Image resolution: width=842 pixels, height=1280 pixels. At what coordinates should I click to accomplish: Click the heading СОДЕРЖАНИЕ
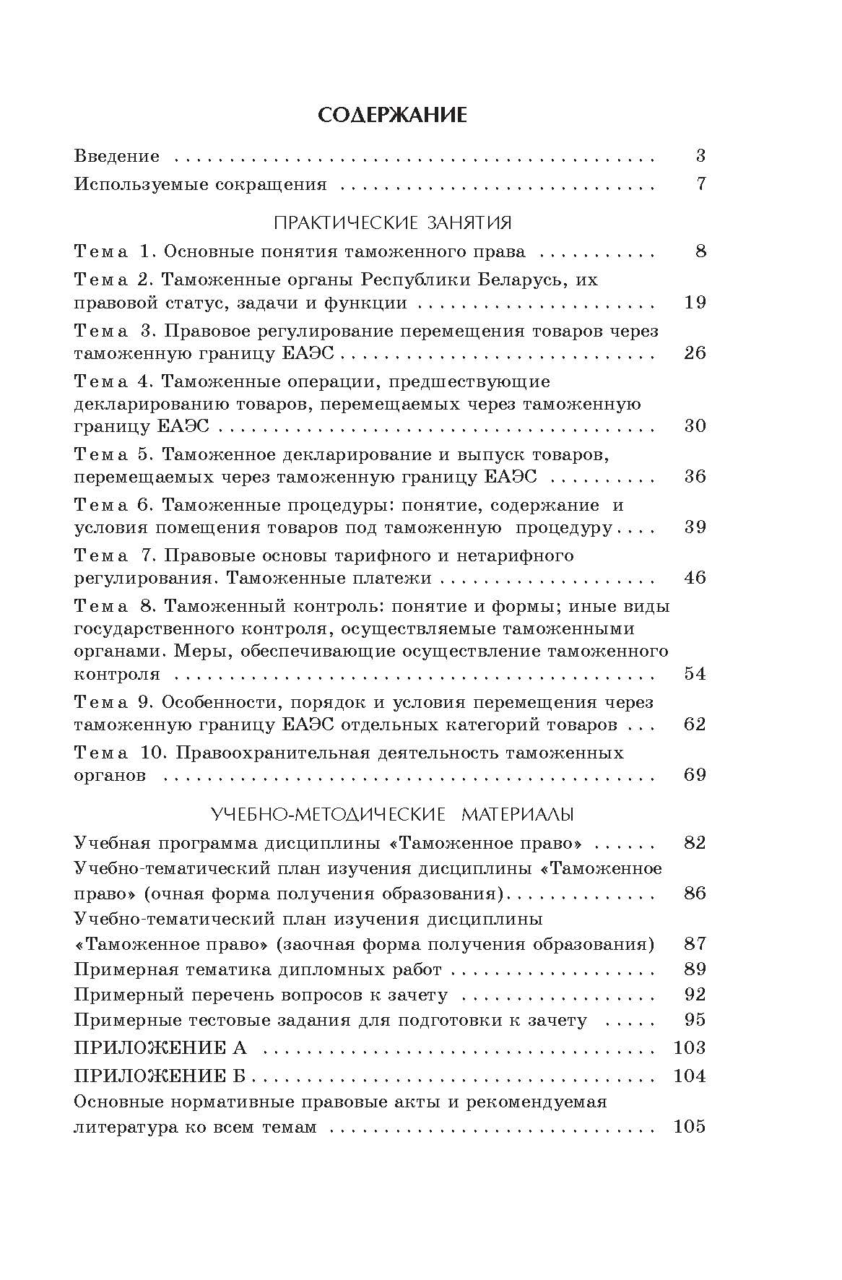coord(393,116)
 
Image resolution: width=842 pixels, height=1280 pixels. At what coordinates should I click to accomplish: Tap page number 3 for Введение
coord(700,156)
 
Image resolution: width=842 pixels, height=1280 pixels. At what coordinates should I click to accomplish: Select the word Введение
coord(117,156)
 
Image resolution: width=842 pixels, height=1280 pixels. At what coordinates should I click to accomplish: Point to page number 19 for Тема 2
coord(695,302)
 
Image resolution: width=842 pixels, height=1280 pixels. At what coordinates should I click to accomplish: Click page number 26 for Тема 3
coord(695,353)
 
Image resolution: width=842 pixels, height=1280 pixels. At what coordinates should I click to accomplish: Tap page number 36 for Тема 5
coord(695,476)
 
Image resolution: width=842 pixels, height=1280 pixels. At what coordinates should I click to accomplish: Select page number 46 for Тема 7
coord(695,578)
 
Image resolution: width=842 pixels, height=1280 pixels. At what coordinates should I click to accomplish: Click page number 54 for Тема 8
coord(695,674)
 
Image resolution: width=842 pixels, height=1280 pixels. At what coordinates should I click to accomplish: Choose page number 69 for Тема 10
coord(695,775)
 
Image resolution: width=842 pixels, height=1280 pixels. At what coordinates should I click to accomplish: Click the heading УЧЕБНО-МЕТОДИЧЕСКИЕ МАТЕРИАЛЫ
coord(393,814)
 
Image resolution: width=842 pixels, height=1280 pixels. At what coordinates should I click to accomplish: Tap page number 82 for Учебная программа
coord(695,843)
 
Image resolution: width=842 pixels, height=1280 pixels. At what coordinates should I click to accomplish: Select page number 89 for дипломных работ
coord(695,969)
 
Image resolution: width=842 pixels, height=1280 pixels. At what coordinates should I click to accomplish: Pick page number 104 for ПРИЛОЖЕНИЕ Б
coord(689,1076)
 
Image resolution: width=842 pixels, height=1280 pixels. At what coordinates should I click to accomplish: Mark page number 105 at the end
coord(689,1127)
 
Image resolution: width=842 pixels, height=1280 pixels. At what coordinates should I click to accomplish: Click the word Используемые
coord(140,184)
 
